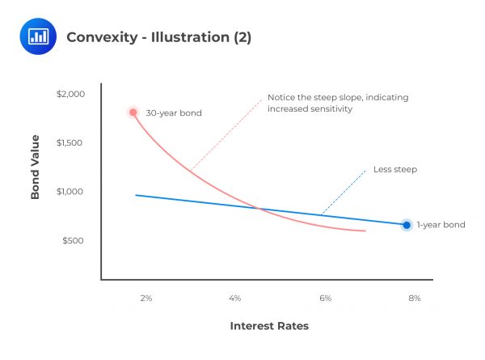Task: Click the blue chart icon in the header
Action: pos(37,36)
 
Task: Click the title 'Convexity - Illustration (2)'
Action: pos(158,36)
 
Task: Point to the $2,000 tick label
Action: pos(70,94)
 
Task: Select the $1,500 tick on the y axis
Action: pos(70,142)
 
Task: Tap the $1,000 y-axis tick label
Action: pos(70,192)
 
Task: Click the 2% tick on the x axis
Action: pos(146,299)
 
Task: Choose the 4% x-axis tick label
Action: pos(235,299)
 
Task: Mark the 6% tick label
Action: pos(326,299)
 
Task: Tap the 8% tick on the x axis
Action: pos(415,299)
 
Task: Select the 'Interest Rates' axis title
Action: pos(269,326)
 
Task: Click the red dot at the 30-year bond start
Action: pos(133,112)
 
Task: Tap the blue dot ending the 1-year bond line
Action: pos(407,225)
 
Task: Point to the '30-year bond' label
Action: pos(173,112)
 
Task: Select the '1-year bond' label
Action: pos(441,225)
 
